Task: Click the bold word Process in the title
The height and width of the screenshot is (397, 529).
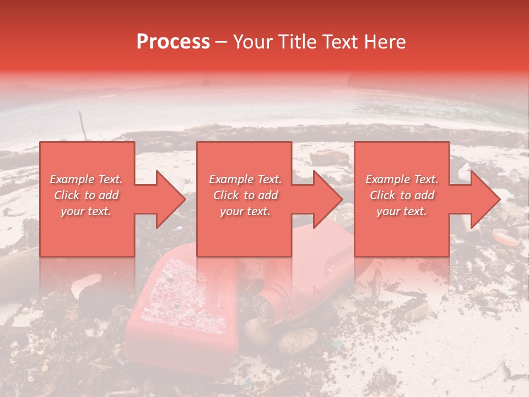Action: tap(173, 42)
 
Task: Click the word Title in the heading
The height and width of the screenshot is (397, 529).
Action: tap(297, 42)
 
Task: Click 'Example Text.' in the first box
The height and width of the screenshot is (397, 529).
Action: tap(87, 179)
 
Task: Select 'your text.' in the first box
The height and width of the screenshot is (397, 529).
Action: tap(87, 211)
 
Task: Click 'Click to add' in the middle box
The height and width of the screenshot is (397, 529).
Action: tap(245, 195)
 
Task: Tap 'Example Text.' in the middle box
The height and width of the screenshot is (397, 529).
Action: tap(245, 179)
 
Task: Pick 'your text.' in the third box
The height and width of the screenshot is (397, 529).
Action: tap(402, 211)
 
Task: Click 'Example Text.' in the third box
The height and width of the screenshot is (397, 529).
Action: tap(402, 179)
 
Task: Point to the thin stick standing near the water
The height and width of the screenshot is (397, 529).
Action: tap(83, 126)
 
